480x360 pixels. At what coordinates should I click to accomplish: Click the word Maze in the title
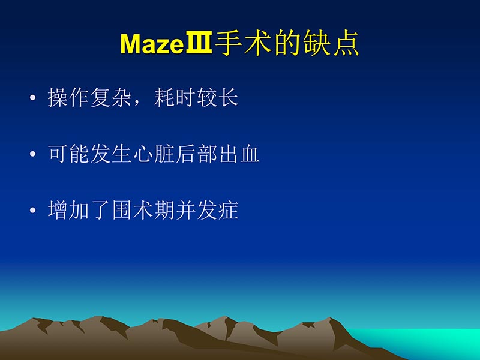coord(152,43)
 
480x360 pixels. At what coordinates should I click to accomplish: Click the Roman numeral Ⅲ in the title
coord(198,43)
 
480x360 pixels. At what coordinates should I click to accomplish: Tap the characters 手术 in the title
coord(234,43)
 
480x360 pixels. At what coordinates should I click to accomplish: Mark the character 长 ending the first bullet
coord(229,98)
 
